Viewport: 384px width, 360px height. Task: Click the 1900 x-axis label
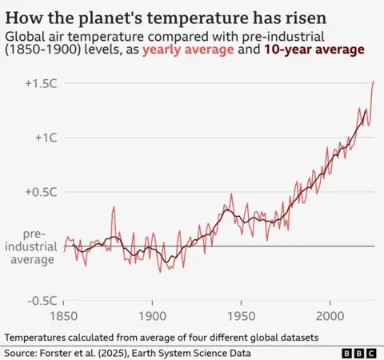point(153,315)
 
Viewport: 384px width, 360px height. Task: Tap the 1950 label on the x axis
point(242,315)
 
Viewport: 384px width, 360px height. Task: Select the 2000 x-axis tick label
point(330,315)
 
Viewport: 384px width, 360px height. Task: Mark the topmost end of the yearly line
point(374,81)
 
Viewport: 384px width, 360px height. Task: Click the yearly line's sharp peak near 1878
point(114,207)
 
